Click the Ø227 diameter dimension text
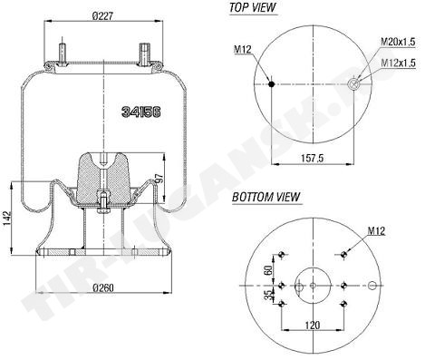103,16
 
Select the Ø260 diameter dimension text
103,287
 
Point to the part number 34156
140,112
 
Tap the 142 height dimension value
7,218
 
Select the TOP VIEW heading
253,7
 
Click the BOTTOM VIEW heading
266,197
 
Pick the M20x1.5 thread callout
398,42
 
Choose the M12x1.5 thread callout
398,63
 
